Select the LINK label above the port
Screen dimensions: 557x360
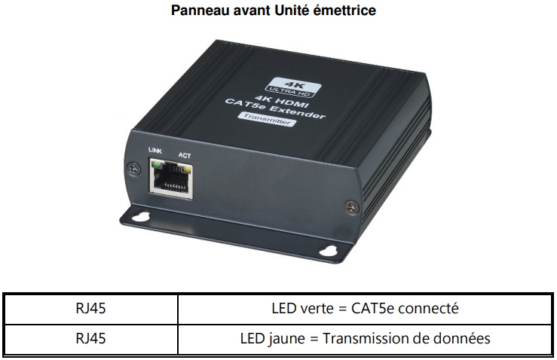click(x=155, y=151)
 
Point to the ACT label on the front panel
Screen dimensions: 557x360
click(x=185, y=155)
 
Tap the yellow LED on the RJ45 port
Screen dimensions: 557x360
click(x=187, y=171)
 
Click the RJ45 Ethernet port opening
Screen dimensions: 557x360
click(x=171, y=180)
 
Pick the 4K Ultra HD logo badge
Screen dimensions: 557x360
click(x=293, y=87)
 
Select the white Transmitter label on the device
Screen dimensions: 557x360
click(x=267, y=119)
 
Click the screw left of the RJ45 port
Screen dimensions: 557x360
click(x=134, y=169)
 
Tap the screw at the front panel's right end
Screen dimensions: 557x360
click(x=351, y=206)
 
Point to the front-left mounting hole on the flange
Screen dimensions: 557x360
click(x=142, y=217)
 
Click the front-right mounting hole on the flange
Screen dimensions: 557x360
click(x=328, y=250)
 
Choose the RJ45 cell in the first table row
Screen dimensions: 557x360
click(x=91, y=308)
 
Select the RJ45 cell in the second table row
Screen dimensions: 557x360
click(x=91, y=338)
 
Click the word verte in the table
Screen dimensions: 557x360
click(x=317, y=309)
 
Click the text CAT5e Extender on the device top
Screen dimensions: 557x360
click(x=275, y=108)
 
